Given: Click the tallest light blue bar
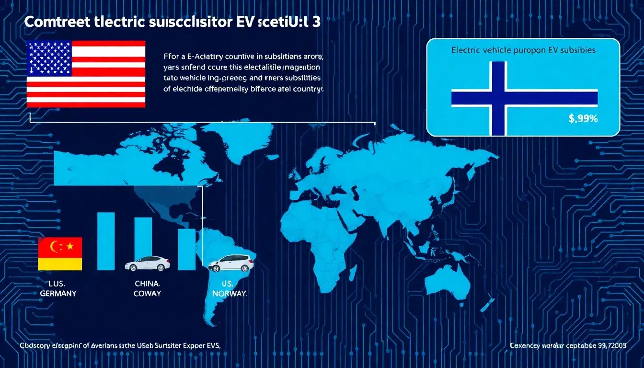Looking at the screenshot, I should [106, 241].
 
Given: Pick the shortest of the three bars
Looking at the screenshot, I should [187, 249].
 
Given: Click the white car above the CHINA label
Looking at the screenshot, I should [148, 263].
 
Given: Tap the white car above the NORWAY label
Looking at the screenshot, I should [231, 263].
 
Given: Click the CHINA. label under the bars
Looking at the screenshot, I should [148, 283].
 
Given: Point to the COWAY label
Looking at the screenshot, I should [148, 293].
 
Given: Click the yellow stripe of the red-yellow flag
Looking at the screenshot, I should [60, 264].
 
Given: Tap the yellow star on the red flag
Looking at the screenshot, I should [70, 246].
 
